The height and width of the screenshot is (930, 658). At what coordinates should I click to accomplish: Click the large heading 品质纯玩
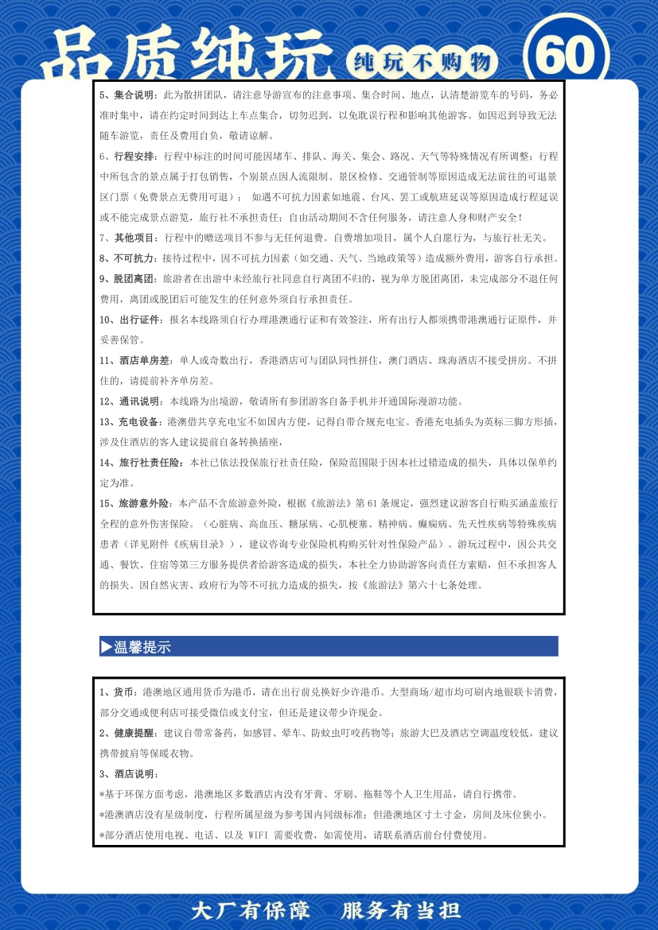(188, 57)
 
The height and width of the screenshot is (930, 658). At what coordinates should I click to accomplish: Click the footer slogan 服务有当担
(401, 910)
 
